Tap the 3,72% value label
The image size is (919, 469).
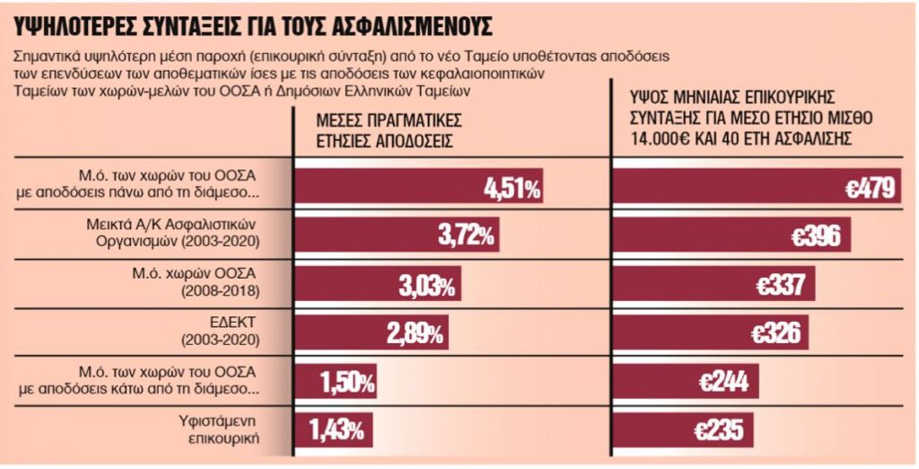[466, 236]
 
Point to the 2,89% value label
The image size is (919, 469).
[414, 334]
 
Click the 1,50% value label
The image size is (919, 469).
[346, 382]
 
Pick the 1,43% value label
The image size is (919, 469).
[340, 429]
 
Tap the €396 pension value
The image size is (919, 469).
[815, 236]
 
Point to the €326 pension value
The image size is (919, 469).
[773, 334]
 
